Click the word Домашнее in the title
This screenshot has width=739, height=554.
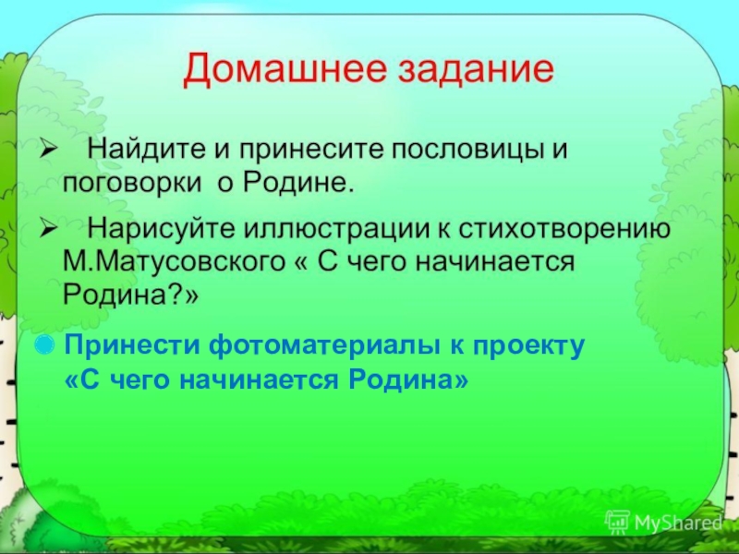[x=285, y=69]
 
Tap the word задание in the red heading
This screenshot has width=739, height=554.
[x=476, y=69]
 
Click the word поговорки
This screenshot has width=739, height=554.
[x=132, y=183]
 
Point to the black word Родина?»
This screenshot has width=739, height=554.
[x=131, y=295]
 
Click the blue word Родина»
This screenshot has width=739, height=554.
[x=408, y=379]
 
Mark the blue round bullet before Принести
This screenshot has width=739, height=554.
[x=44, y=343]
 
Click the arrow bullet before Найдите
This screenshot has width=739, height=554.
[x=49, y=150]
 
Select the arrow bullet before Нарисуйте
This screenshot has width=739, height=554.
[x=49, y=229]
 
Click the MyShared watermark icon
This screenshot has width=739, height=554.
[x=617, y=523]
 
